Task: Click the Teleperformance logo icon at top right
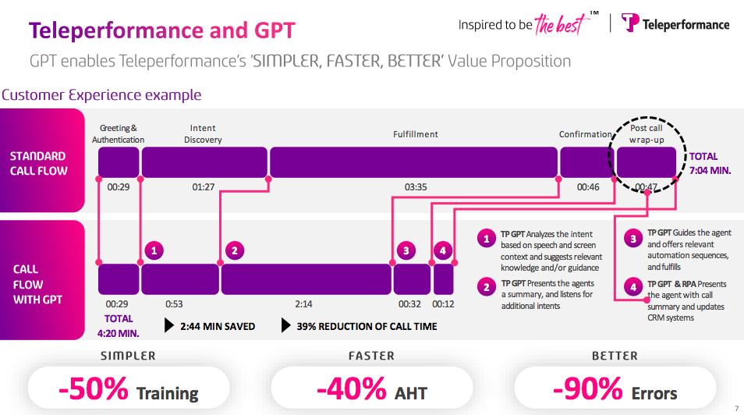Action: (x=630, y=23)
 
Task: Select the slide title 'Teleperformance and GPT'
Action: (x=162, y=30)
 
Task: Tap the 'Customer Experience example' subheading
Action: (x=101, y=95)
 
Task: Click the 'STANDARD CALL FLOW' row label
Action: (x=39, y=163)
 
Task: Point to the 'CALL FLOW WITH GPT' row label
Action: (x=38, y=284)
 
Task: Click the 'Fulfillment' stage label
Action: (x=415, y=134)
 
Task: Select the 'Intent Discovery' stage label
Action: (x=203, y=134)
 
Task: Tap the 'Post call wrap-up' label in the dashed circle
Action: (x=646, y=133)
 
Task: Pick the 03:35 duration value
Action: (x=416, y=187)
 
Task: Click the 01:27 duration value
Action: (x=204, y=187)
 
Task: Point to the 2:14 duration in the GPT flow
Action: (x=304, y=304)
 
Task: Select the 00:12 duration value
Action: (x=443, y=304)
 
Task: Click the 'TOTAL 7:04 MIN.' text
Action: (x=709, y=163)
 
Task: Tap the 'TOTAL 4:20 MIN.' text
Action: (x=119, y=325)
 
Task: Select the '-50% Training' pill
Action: (x=129, y=388)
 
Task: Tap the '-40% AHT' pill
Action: (x=371, y=388)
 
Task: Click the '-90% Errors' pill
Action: (x=615, y=388)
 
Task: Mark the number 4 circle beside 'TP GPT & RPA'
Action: (x=633, y=287)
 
